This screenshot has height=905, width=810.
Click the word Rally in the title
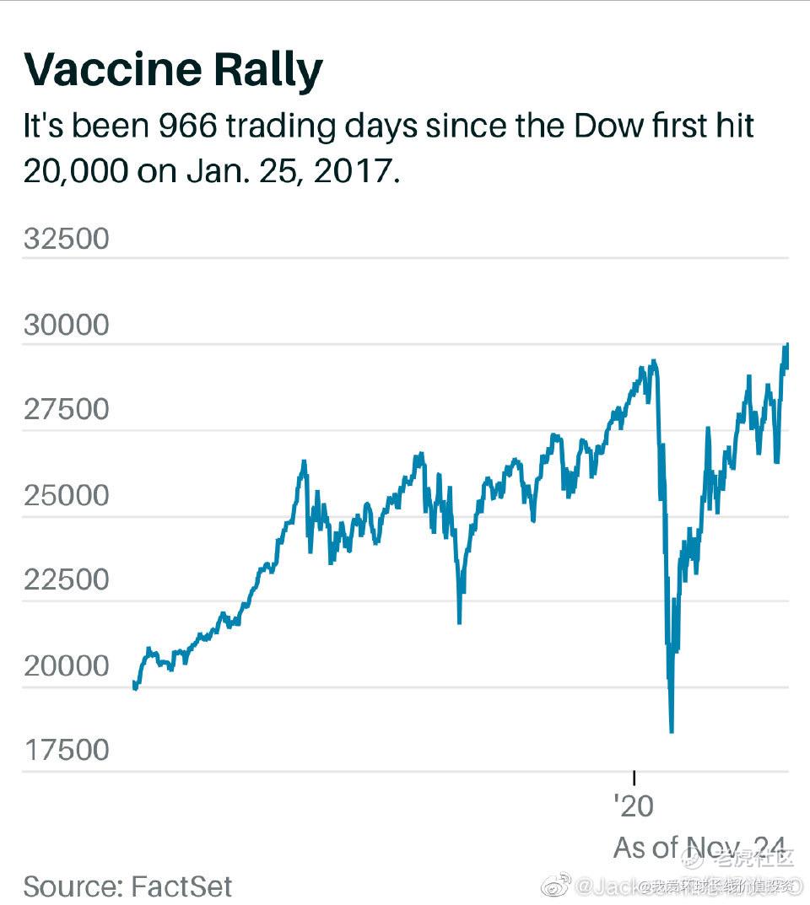[x=276, y=71]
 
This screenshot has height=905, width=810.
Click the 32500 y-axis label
[x=67, y=239]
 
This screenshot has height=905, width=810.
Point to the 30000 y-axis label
[x=67, y=326]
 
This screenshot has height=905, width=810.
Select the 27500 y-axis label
[x=67, y=411]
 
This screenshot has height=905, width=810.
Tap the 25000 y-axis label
[x=67, y=496]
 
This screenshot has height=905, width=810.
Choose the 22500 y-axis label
[x=67, y=581]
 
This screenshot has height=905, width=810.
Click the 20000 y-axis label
[x=67, y=667]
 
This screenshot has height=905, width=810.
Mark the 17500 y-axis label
[x=67, y=751]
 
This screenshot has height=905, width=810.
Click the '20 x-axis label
[x=633, y=806]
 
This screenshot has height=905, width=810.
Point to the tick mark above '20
[x=634, y=778]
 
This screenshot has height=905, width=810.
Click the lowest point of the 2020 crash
[x=672, y=731]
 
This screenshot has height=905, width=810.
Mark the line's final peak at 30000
[x=786, y=344]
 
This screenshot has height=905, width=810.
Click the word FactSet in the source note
[x=181, y=886]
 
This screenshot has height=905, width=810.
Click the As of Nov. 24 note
[x=699, y=847]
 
